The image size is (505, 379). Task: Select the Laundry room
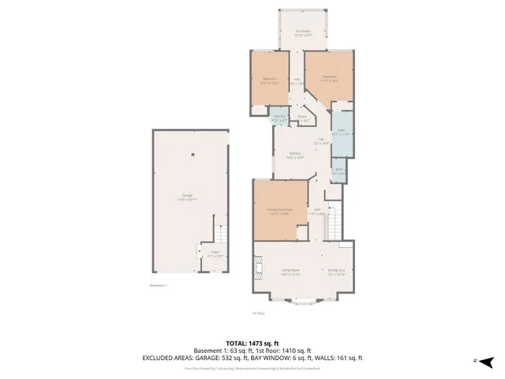[279, 118]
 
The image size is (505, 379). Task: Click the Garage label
[187, 197]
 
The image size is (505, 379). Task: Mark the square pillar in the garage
[192, 155]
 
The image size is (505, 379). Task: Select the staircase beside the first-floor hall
[333, 223]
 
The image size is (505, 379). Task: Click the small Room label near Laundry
[302, 118]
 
